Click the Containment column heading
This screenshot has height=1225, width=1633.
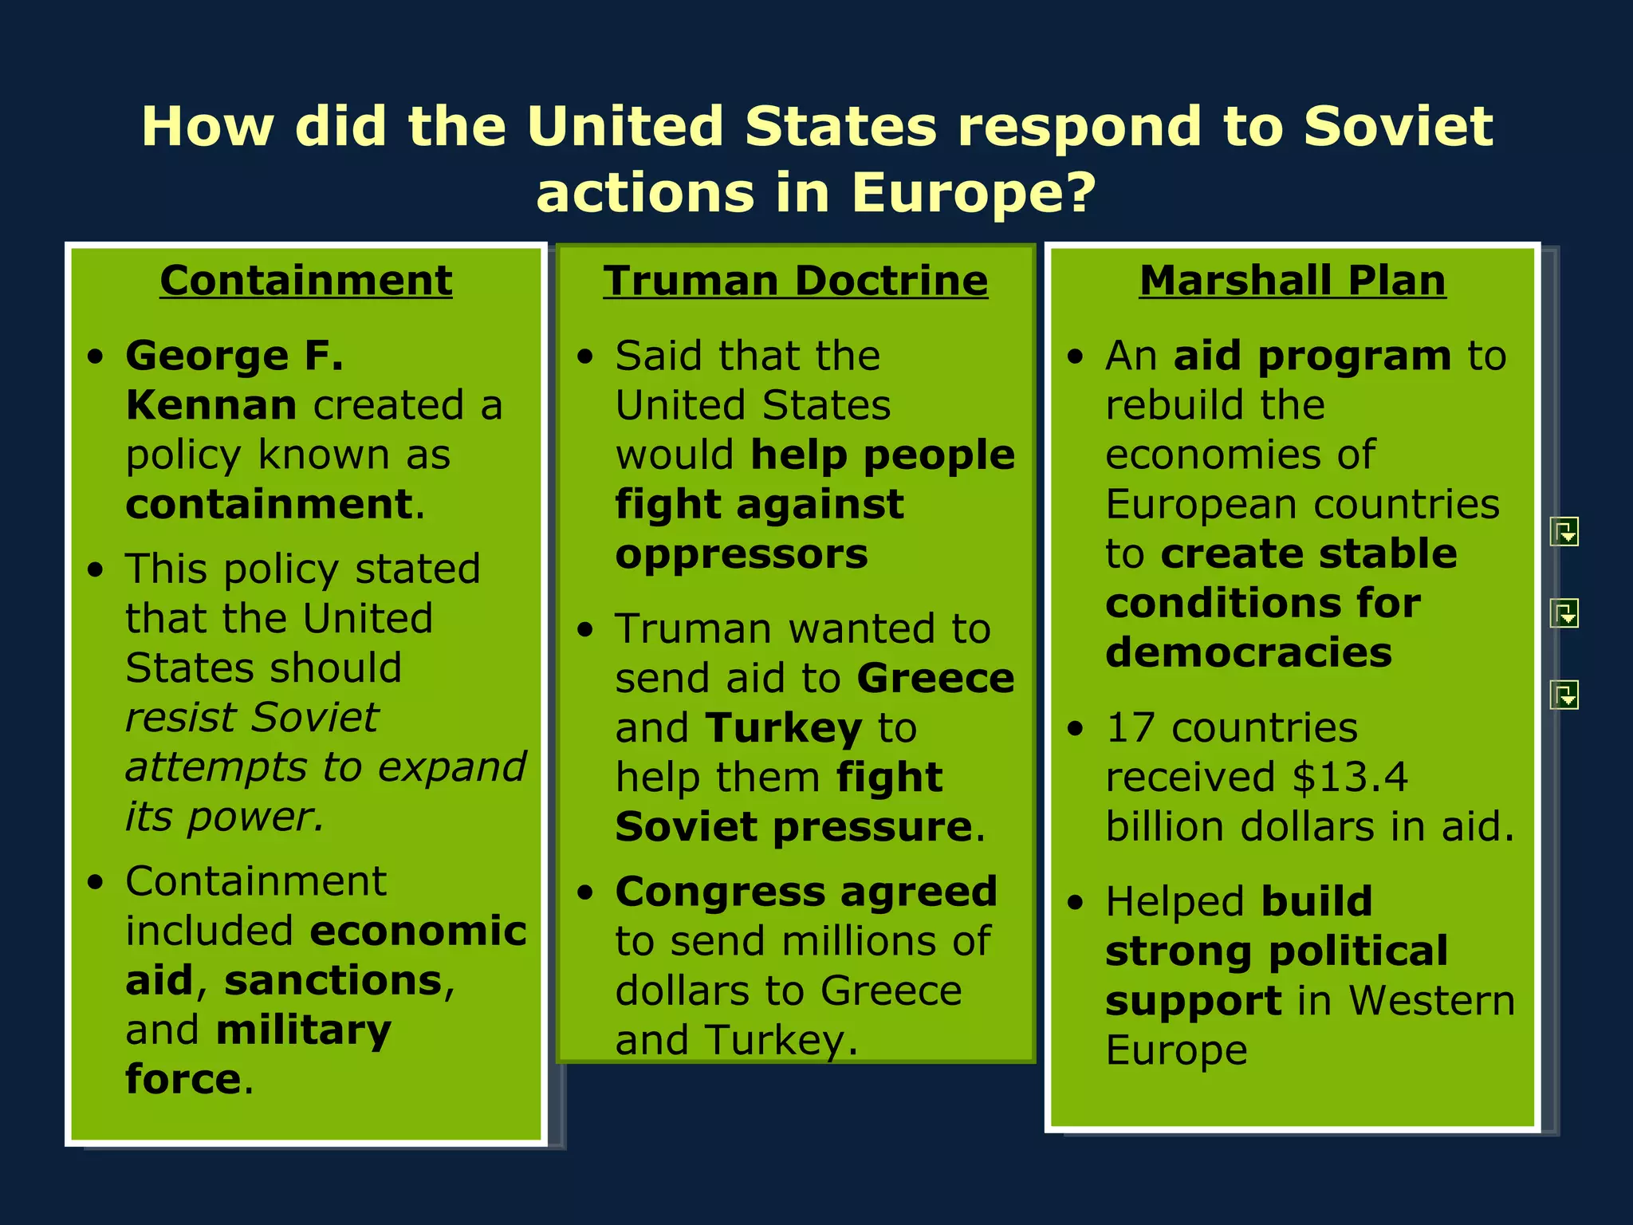click(306, 281)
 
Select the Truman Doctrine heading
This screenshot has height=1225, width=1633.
click(795, 281)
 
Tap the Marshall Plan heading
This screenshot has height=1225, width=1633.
click(1293, 281)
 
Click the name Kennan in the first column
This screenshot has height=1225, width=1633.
click(211, 405)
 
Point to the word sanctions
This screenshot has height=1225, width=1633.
click(333, 980)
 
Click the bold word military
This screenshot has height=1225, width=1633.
click(304, 1030)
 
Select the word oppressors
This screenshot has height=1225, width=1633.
click(742, 553)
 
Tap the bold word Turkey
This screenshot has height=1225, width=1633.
click(784, 727)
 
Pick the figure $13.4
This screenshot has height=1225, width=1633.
click(1350, 777)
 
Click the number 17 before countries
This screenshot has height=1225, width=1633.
click(1130, 727)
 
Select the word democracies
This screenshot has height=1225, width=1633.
click(1249, 652)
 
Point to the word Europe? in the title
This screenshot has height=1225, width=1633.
click(974, 193)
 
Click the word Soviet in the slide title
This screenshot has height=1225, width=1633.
click(1398, 126)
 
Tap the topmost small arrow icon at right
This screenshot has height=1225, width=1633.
click(1564, 531)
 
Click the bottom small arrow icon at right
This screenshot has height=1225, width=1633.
click(1564, 695)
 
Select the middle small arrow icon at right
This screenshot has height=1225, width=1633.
click(1564, 613)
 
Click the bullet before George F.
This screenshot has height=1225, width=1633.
click(96, 356)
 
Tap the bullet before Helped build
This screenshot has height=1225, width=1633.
click(1076, 903)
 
